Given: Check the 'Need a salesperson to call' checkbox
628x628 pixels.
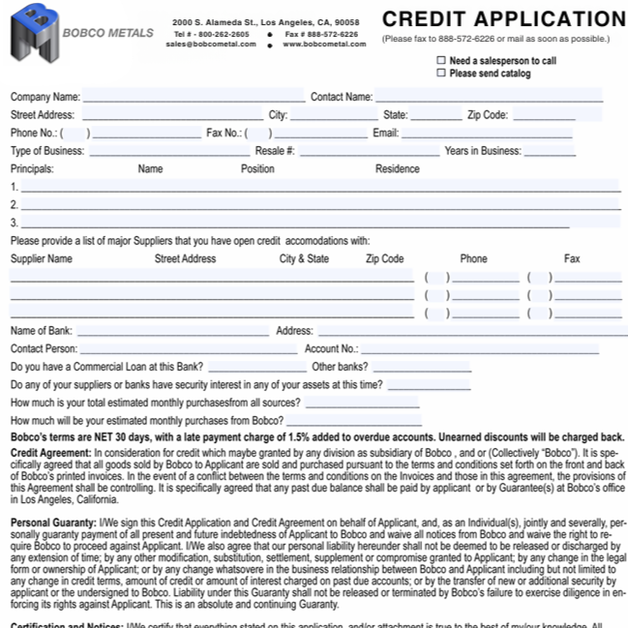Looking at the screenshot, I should (x=441, y=60).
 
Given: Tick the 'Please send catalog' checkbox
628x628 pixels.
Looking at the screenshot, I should (x=441, y=74).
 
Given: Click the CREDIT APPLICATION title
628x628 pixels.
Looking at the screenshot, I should (x=504, y=19).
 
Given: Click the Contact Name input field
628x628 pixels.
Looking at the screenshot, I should (x=489, y=97).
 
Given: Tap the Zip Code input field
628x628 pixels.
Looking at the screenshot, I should (x=543, y=115).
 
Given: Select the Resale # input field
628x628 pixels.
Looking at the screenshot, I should (x=364, y=151).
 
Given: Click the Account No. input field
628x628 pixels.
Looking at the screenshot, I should (x=479, y=348).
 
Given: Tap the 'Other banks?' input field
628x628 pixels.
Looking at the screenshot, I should (x=426, y=367).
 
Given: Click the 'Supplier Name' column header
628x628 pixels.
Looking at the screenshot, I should (x=41, y=259).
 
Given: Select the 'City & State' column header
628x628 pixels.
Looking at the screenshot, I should (x=304, y=259).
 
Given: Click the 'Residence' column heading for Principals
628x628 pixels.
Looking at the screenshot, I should (x=398, y=168).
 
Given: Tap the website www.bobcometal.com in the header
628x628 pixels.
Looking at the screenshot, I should (x=320, y=44).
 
